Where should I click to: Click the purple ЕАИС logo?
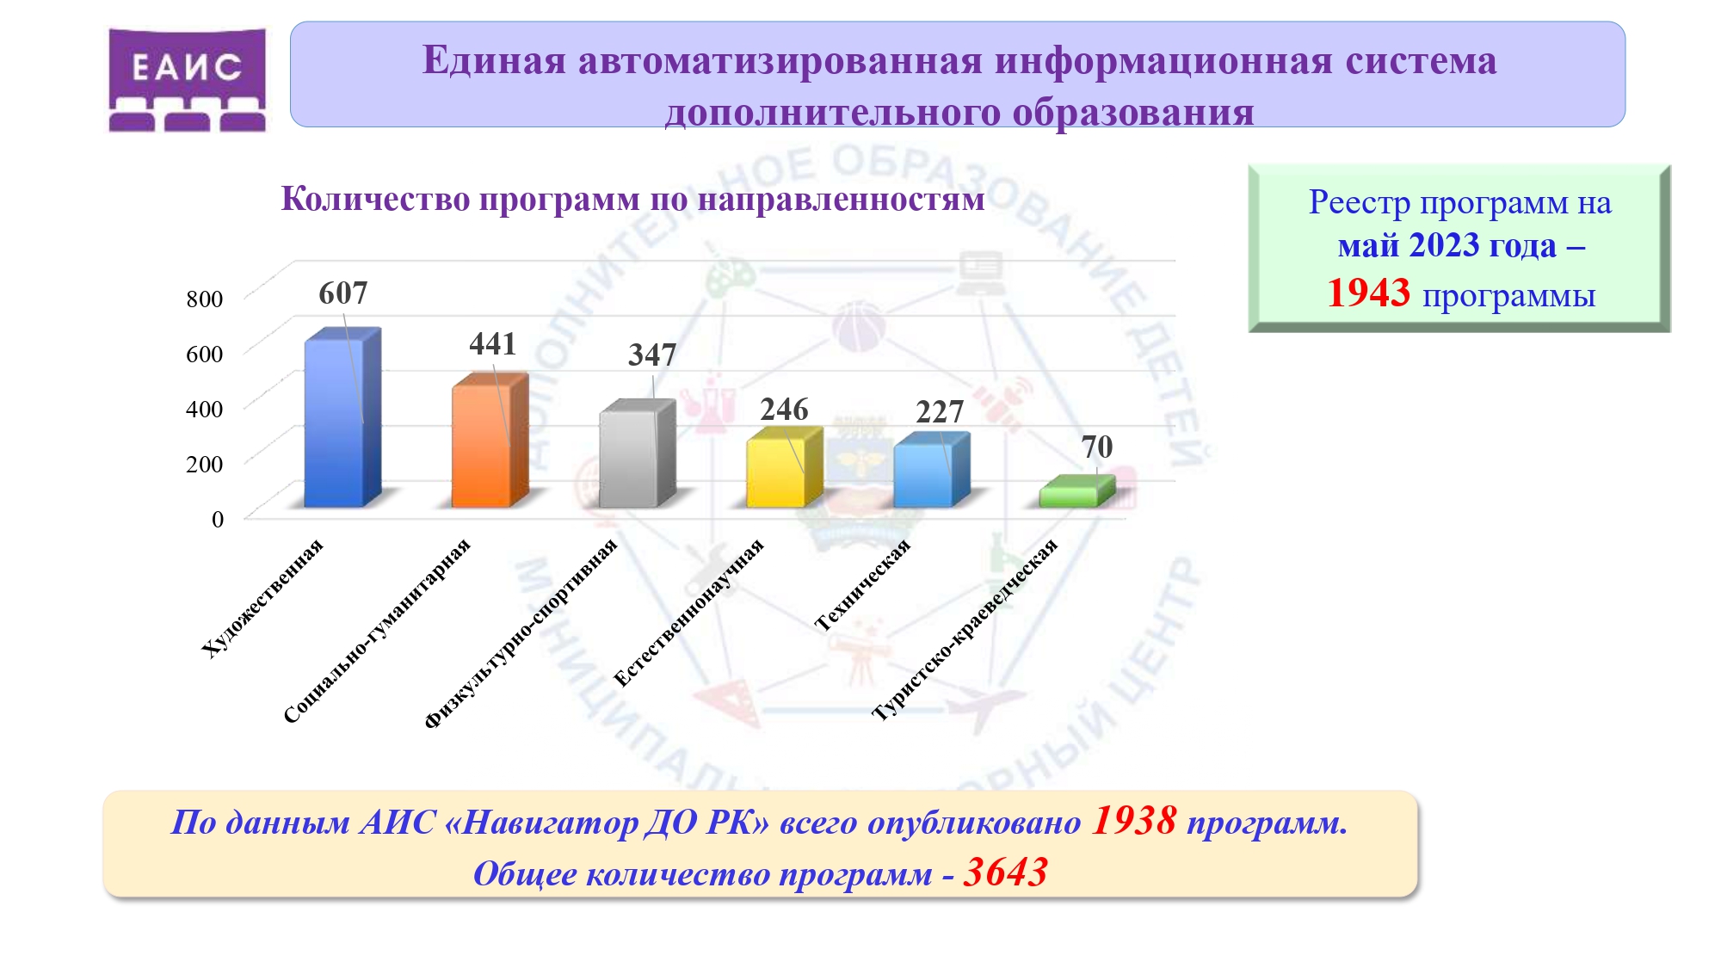pos(187,79)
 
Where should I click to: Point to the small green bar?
pos(1077,491)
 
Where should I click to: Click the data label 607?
pos(342,293)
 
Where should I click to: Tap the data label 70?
pos(1096,447)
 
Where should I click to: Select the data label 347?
pos(652,355)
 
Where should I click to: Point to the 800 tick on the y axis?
pos(205,299)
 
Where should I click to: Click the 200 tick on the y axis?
pos(205,464)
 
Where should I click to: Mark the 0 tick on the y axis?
pos(218,519)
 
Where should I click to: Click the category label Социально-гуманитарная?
pos(377,631)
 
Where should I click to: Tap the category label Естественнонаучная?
pos(688,613)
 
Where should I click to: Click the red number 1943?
pos(1368,293)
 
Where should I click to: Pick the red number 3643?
pos(1005,872)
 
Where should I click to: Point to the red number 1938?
pos(1134,821)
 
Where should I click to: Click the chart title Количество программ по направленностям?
pos(633,199)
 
